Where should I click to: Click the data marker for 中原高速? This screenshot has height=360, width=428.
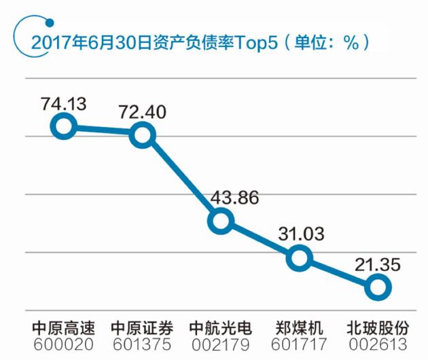point(65,126)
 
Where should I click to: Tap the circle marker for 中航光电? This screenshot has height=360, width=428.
point(221,221)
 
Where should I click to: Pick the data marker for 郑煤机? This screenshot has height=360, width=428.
point(299,258)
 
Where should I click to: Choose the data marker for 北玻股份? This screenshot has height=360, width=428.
point(378,287)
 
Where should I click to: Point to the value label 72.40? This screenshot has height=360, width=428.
point(143,112)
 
